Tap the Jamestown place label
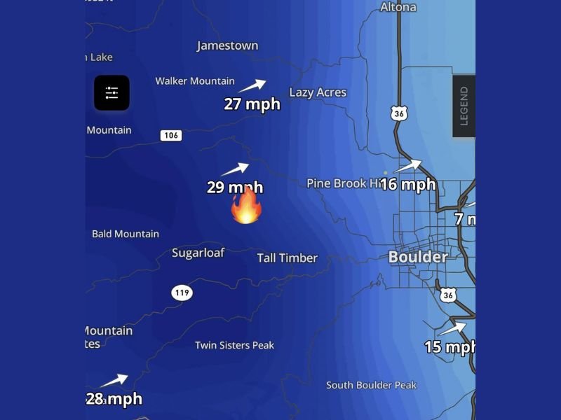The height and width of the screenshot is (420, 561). (227, 45)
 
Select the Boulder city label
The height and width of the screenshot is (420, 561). (418, 257)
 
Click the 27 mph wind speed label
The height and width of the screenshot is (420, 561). (252, 104)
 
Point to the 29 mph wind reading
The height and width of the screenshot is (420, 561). (235, 187)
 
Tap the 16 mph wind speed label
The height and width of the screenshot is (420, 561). (408, 185)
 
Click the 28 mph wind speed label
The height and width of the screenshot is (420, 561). (114, 399)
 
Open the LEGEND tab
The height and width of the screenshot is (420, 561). (464, 106)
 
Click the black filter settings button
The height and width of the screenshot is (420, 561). (111, 92)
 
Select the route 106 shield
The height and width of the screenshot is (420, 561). (171, 135)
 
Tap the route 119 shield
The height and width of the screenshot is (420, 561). (182, 293)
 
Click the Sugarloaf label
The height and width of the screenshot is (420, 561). (198, 253)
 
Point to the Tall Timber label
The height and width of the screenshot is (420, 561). (287, 258)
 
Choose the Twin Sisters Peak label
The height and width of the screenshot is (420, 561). (234, 345)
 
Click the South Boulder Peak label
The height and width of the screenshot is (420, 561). (371, 385)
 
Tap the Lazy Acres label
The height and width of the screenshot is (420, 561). (318, 92)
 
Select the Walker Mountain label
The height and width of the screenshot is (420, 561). (195, 81)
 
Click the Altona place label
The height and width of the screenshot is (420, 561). (398, 7)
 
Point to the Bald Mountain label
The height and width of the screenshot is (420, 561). (126, 234)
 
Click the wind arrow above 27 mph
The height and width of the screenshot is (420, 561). (252, 86)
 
